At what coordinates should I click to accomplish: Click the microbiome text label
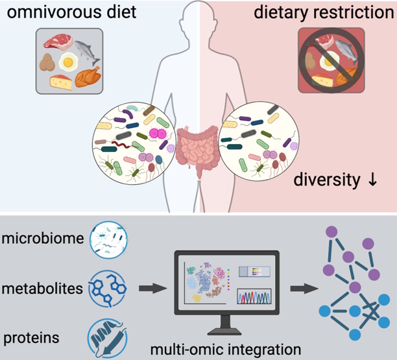tap(43, 238)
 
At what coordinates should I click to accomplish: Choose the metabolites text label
tap(43, 288)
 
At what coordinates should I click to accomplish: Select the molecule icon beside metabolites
tap(106, 287)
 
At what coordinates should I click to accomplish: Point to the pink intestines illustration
tap(198, 149)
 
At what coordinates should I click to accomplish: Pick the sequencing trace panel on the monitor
tap(253, 296)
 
